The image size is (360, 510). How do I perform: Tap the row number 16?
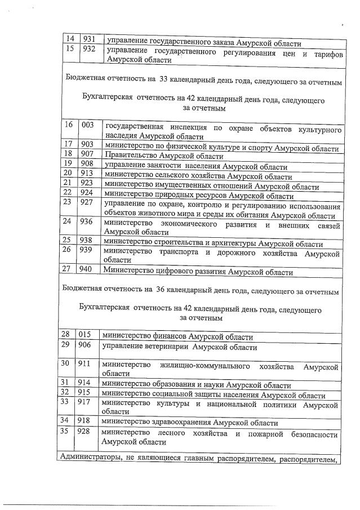pos(68,125)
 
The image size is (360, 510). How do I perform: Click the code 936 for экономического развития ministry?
pos(87,222)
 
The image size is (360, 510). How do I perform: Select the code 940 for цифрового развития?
pos(87,270)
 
